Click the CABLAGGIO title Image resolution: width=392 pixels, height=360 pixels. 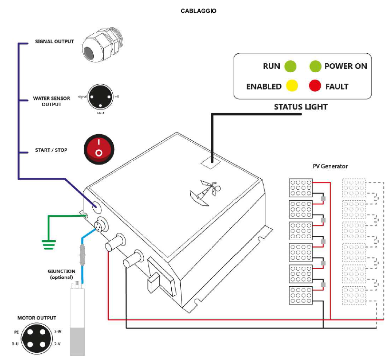tap(198, 10)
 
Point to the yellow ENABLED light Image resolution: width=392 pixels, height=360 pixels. tap(292, 86)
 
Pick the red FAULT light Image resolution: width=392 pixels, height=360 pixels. tap(314, 86)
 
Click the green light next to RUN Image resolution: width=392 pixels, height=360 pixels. tap(290, 66)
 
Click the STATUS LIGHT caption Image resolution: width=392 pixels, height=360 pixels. tap(301, 107)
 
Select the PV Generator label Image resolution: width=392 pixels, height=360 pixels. tap(330, 166)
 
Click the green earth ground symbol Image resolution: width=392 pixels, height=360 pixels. tap(48, 243)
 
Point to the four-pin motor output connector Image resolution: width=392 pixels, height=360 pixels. tap(36, 338)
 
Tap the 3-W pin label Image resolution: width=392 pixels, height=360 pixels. tap(58, 331)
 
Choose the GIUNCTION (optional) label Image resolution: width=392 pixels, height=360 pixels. tap(60, 274)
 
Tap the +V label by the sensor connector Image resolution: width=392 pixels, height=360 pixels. tap(117, 96)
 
